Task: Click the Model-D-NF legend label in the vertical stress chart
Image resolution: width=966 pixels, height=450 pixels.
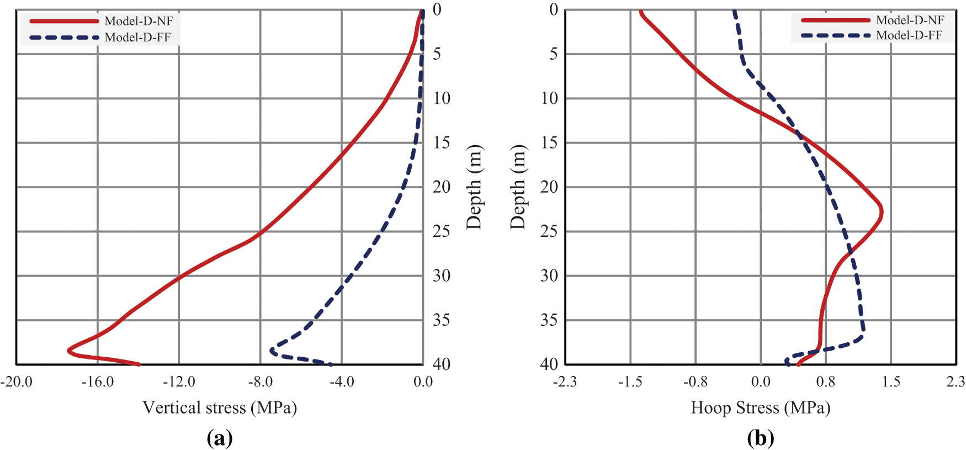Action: (139, 21)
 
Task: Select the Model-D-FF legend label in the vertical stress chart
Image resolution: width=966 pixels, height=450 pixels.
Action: (137, 38)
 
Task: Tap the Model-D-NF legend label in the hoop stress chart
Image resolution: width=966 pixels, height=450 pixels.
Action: (910, 20)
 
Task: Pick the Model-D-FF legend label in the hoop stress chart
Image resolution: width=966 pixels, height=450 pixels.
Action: (909, 35)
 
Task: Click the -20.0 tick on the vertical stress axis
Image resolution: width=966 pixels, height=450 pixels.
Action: (17, 382)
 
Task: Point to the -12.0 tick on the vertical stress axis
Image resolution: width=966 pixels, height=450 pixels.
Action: (179, 382)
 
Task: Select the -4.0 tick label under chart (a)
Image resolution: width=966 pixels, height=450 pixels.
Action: (342, 382)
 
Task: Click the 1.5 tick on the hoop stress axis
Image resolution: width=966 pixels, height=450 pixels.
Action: (891, 382)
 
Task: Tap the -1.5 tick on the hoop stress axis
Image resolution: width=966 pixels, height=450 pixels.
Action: (630, 382)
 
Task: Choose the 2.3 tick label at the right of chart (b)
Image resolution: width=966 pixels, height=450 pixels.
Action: (956, 382)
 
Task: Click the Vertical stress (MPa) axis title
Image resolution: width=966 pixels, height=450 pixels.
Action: (220, 407)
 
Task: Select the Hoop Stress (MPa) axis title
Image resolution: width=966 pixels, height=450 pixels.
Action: (761, 407)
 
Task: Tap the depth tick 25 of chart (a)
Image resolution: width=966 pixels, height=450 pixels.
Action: (441, 231)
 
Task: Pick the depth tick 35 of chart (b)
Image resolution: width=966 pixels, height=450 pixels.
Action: (549, 320)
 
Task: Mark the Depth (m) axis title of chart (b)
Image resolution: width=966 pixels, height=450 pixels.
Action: (518, 187)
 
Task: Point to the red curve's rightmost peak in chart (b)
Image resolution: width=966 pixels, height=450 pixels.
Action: (881, 212)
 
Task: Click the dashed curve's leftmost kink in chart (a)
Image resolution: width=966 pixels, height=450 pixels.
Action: (272, 350)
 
